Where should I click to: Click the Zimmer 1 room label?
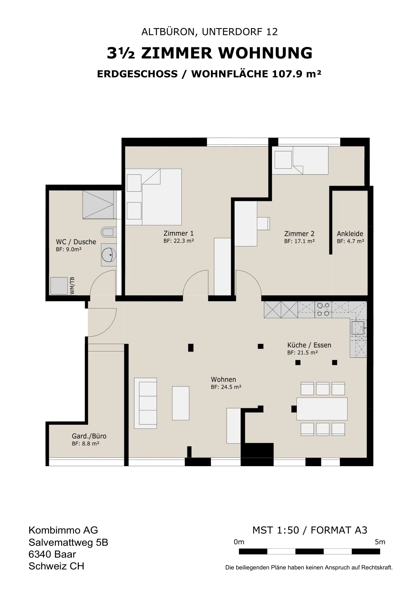tap(178, 233)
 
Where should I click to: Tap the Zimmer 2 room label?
tap(299, 233)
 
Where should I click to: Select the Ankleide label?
tap(350, 233)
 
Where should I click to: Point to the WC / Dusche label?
tap(76, 242)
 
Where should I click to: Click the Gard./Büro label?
tap(89, 436)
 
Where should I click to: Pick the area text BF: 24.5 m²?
tap(226, 387)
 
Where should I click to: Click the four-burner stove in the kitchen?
tap(323, 309)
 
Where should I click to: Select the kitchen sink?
tap(358, 328)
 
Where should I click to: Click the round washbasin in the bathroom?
tap(109, 255)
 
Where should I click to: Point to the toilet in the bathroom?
tap(109, 233)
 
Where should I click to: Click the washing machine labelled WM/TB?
tap(59, 285)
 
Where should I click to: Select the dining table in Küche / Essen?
tap(322, 408)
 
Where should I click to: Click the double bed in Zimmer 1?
tap(153, 197)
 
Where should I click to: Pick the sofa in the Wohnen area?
tap(145, 403)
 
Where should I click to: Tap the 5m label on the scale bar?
tap(380, 542)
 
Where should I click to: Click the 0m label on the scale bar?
tap(239, 542)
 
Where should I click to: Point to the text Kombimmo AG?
tap(63, 530)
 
